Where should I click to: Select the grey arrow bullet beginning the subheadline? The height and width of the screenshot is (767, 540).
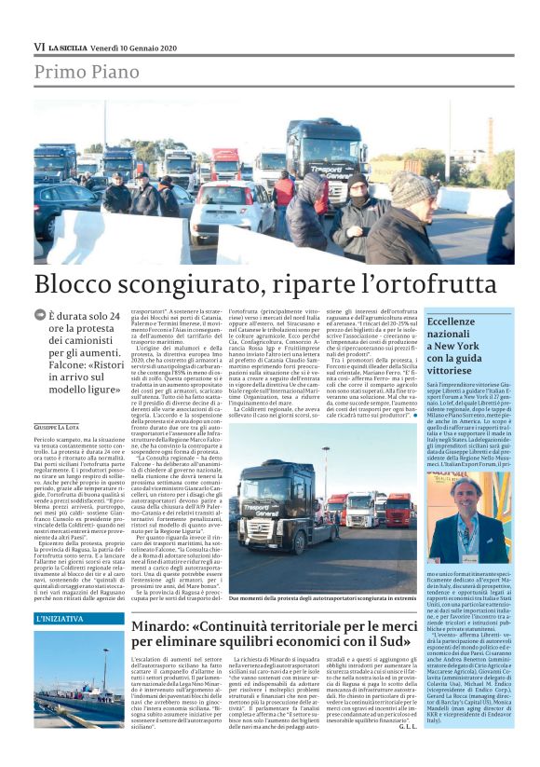pos(39,316)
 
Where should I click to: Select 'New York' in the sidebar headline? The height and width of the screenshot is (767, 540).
pos(456,345)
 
